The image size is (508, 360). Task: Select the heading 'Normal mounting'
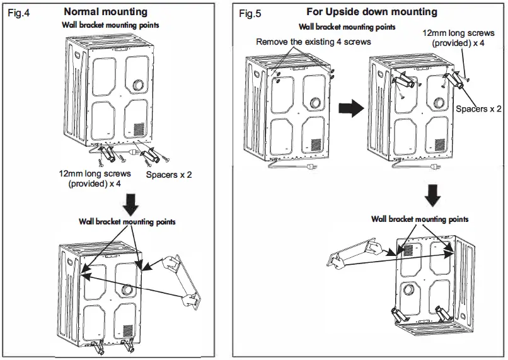(x=106, y=11)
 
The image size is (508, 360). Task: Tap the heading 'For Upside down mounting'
(x=371, y=12)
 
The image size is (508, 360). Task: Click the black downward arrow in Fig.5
(x=431, y=194)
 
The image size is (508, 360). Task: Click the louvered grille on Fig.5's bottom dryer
(x=408, y=250)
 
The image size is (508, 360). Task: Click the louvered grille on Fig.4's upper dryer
(x=138, y=128)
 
